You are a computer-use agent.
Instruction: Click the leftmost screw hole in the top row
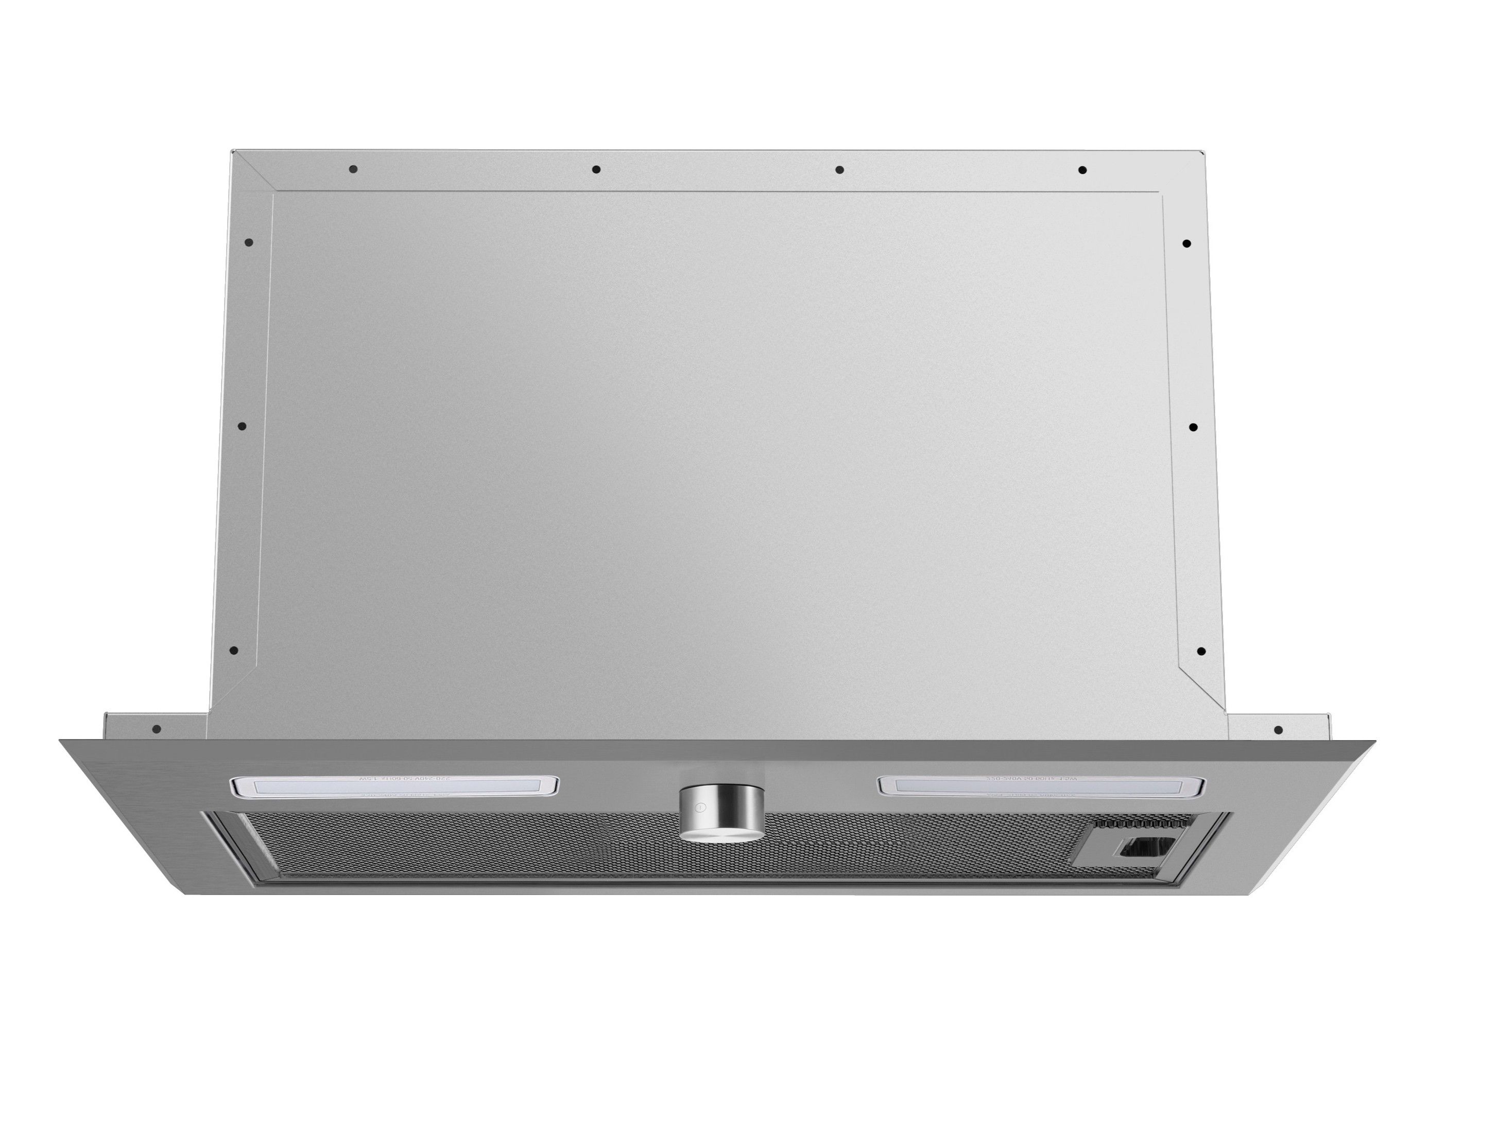(353, 169)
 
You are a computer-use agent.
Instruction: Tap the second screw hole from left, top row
(595, 169)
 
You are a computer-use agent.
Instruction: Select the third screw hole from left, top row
(839, 169)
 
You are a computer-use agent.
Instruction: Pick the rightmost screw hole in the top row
(1082, 170)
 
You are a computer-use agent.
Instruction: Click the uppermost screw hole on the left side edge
(249, 242)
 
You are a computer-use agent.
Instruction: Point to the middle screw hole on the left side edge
(242, 426)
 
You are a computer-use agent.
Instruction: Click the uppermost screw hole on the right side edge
(1187, 243)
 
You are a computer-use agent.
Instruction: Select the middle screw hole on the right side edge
(1193, 428)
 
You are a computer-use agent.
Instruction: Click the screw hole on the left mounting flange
(157, 729)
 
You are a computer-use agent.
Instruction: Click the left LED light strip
(394, 786)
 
